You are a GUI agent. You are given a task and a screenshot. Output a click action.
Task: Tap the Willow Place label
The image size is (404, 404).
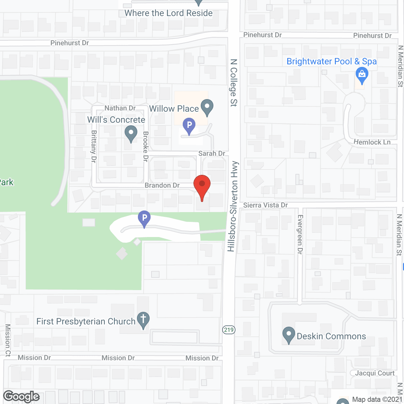click(x=174, y=109)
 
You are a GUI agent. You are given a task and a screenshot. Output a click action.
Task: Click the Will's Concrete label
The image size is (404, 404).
click(x=116, y=120)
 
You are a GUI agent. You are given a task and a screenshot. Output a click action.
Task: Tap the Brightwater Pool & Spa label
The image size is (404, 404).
click(x=331, y=61)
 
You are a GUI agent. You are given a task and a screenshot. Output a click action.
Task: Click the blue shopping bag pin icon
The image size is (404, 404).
click(x=362, y=76)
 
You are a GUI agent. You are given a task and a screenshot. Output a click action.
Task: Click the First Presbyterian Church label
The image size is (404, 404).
click(x=86, y=321)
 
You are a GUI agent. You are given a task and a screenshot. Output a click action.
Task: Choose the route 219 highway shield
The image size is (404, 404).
click(x=229, y=330)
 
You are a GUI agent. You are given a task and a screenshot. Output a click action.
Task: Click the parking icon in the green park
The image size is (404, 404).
click(x=144, y=218)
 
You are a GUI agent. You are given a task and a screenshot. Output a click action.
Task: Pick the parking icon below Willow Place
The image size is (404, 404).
click(x=189, y=126)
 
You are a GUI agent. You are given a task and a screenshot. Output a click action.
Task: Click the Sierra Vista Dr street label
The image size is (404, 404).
click(x=265, y=205)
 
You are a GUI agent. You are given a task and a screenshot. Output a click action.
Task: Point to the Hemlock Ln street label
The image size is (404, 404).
click(x=372, y=142)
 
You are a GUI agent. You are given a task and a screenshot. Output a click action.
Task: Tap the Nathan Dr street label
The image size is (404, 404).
click(x=120, y=108)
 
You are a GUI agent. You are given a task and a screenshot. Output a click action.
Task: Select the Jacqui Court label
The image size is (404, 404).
click(x=375, y=373)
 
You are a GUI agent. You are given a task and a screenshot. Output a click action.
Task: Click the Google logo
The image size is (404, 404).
click(x=21, y=396)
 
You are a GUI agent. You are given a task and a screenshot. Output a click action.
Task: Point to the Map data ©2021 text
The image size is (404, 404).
click(x=377, y=399)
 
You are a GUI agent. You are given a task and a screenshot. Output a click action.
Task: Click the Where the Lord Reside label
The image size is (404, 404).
click(x=169, y=13)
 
